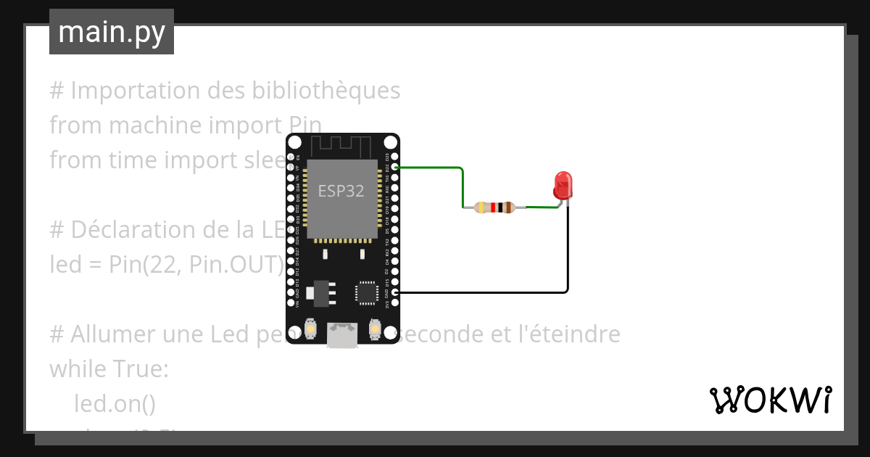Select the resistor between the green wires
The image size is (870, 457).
point(494,208)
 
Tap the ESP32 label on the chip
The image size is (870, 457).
point(341,191)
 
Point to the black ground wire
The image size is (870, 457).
point(567,261)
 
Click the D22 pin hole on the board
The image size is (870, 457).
point(394,167)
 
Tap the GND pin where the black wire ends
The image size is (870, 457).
point(394,292)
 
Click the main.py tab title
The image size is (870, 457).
point(111,32)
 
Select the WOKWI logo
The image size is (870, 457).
point(770,400)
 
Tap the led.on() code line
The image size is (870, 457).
point(115,403)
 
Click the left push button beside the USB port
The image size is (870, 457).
point(310,329)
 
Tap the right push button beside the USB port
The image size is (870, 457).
point(376,329)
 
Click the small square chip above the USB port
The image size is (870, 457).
point(366,292)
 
